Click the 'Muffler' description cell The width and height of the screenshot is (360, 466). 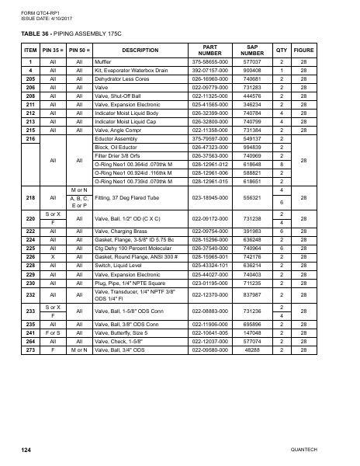(x=103, y=61)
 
